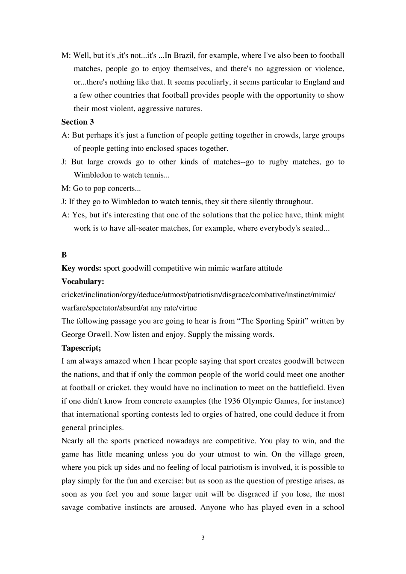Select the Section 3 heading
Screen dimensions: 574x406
pyautogui.click(x=78, y=122)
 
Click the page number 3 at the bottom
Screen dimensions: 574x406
pyautogui.click(x=203, y=538)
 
